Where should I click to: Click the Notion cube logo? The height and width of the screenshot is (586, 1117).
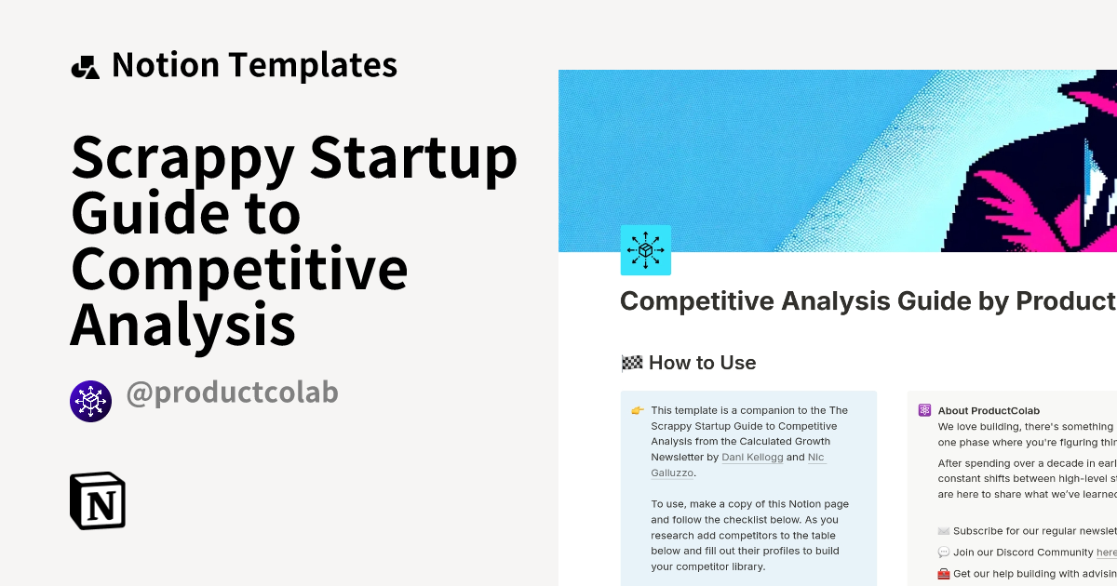(98, 500)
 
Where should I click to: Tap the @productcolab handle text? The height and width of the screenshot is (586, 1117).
(232, 393)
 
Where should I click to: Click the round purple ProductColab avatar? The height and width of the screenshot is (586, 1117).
(90, 401)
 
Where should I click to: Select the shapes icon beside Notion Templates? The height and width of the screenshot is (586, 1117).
(85, 67)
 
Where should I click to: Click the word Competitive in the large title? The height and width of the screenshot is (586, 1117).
(239, 269)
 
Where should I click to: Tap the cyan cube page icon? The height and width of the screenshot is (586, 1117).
(645, 249)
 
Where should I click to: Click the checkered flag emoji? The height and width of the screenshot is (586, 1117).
(632, 363)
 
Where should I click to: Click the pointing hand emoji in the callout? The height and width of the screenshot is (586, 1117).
(638, 410)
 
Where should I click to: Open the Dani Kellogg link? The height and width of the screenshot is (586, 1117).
(753, 457)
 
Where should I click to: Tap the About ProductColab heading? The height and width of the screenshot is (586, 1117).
(989, 410)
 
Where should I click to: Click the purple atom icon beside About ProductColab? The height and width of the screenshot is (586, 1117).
(924, 410)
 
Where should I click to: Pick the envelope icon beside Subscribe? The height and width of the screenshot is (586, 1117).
(944, 530)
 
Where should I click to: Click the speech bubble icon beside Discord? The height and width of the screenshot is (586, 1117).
(944, 553)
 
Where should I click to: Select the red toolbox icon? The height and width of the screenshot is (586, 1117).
(944, 574)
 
